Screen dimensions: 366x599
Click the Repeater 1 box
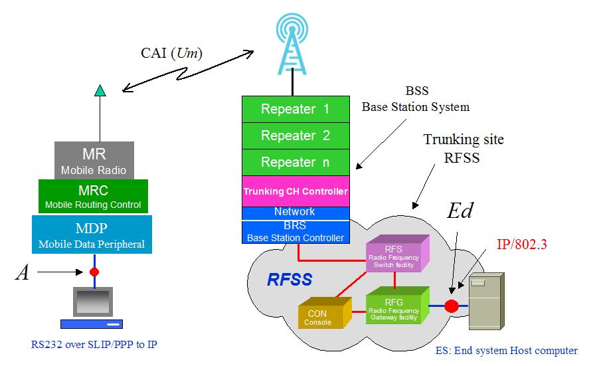click(x=295, y=109)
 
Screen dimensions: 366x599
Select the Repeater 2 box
click(x=295, y=136)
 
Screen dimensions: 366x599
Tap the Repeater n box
click(x=295, y=162)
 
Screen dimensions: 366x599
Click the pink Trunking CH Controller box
click(x=295, y=191)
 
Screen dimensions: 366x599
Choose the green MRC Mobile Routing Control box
click(x=93, y=197)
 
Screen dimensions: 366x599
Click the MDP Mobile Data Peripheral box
click(x=92, y=235)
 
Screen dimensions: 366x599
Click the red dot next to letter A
click(x=94, y=272)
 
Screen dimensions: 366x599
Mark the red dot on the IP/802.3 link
click(x=452, y=306)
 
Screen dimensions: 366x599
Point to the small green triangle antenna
click(x=100, y=91)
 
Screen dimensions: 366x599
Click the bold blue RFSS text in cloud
click(x=289, y=280)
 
